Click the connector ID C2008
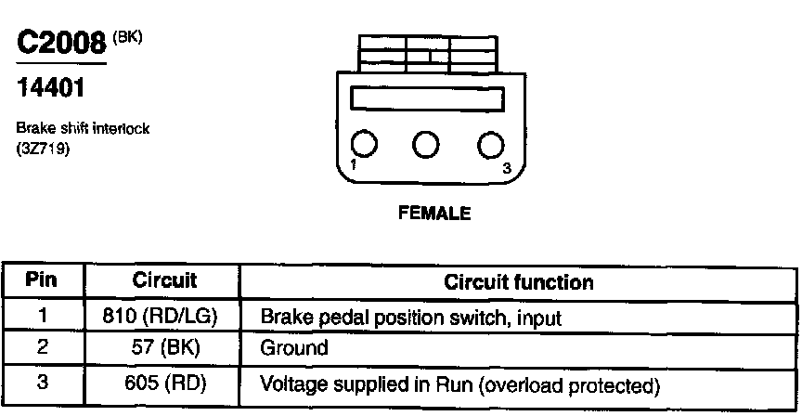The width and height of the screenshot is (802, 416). click(x=61, y=45)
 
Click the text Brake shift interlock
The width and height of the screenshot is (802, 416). click(x=83, y=129)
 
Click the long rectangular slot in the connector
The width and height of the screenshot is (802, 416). click(x=426, y=98)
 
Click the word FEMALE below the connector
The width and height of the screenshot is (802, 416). click(x=434, y=214)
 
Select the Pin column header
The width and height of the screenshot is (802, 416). click(x=43, y=280)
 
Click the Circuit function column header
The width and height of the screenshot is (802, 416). click(x=519, y=281)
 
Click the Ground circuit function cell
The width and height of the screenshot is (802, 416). click(x=294, y=349)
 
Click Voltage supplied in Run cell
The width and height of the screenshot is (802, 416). click(x=460, y=383)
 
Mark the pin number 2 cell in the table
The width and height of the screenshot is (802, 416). click(x=43, y=349)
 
